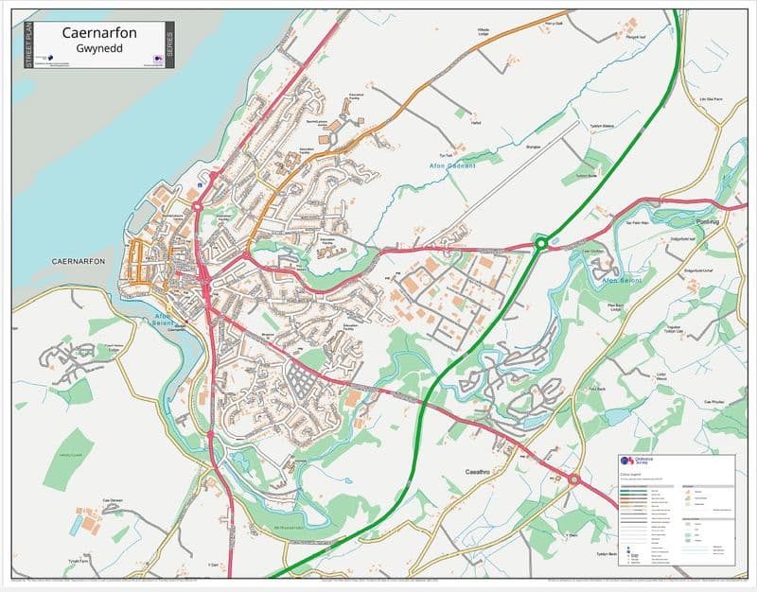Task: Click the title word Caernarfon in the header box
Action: (x=99, y=34)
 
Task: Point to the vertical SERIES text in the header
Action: (x=169, y=44)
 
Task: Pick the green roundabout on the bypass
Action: (x=540, y=244)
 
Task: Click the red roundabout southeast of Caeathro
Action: (x=573, y=479)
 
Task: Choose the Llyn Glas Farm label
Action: (x=709, y=98)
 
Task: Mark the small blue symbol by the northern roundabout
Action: (x=200, y=186)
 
